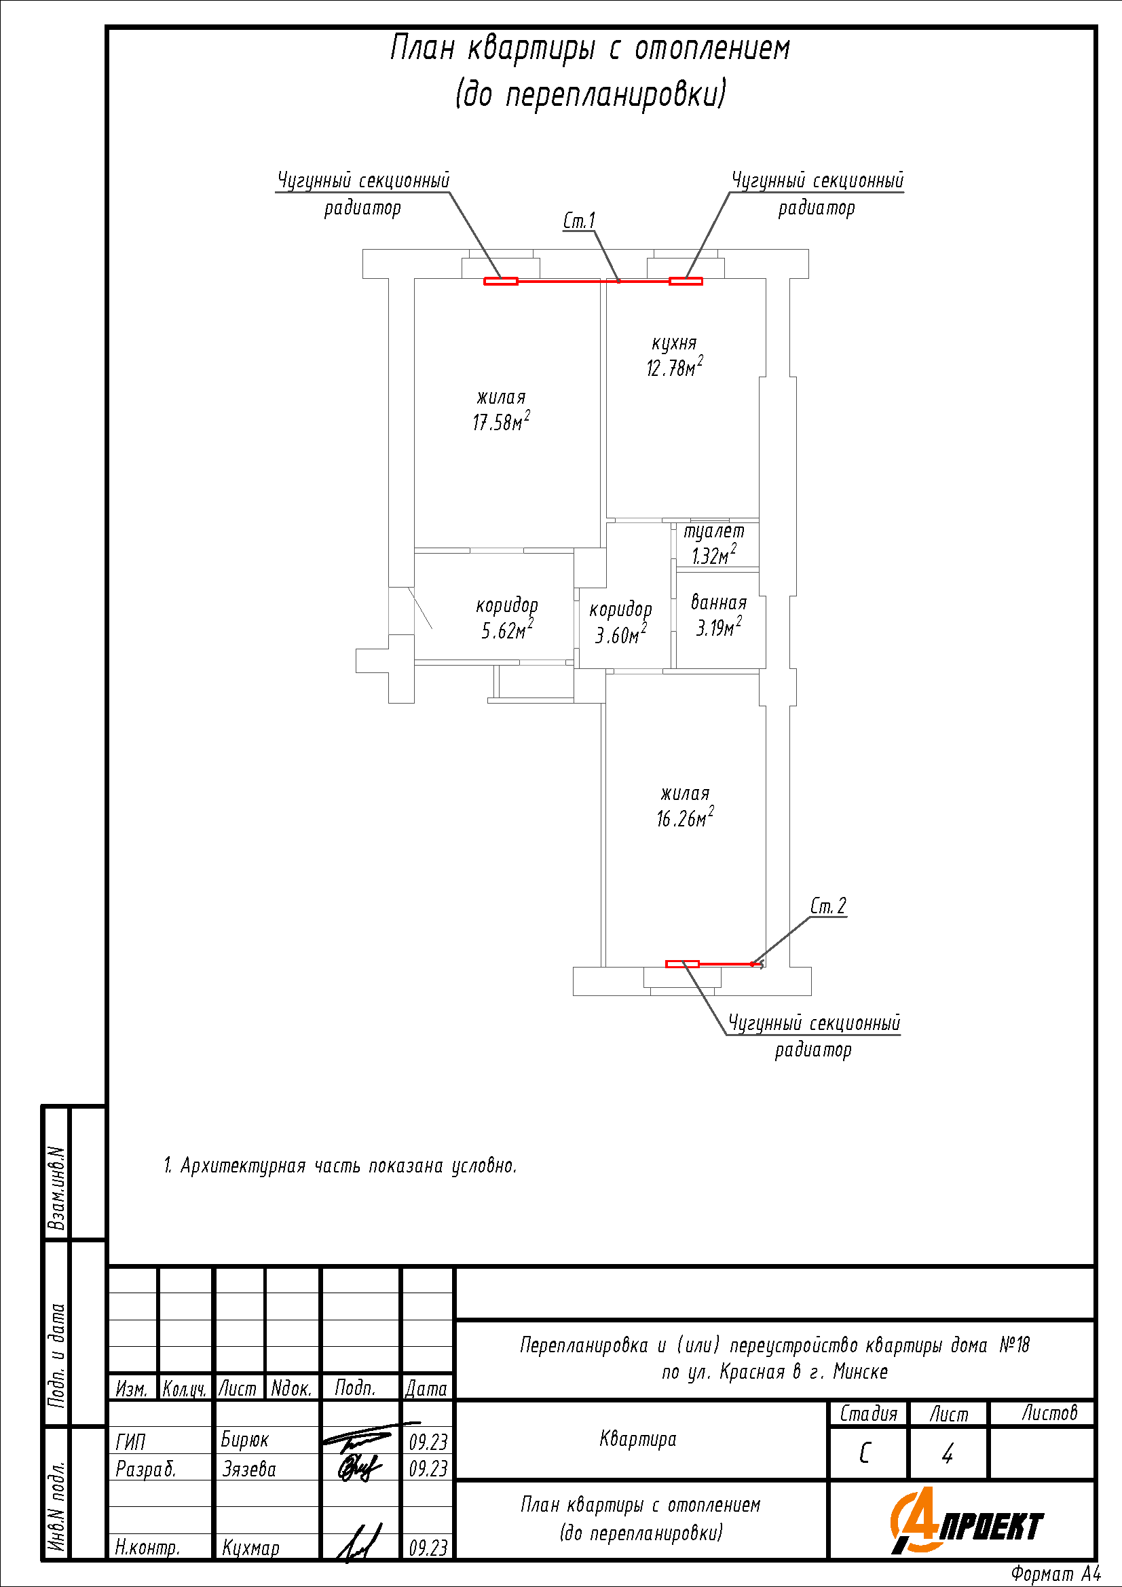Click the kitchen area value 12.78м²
click(x=675, y=366)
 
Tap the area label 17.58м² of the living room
click(x=501, y=421)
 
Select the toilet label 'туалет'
click(x=714, y=531)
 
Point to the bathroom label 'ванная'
click(x=719, y=603)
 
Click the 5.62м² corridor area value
click(x=508, y=629)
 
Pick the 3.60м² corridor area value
click(x=622, y=634)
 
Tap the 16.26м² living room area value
click(x=685, y=818)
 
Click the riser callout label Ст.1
click(x=578, y=221)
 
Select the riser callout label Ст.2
click(x=828, y=906)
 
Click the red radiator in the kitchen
click(x=686, y=281)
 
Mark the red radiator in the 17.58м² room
click(x=500, y=281)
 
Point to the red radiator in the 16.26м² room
click(x=682, y=963)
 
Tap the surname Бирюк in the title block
click(x=245, y=1440)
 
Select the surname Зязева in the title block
click(x=249, y=1469)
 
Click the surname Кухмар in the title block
click(x=250, y=1548)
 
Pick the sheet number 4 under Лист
click(x=948, y=1455)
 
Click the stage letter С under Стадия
click(x=865, y=1454)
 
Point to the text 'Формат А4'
click(x=1055, y=1574)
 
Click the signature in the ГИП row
click(x=367, y=1438)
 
